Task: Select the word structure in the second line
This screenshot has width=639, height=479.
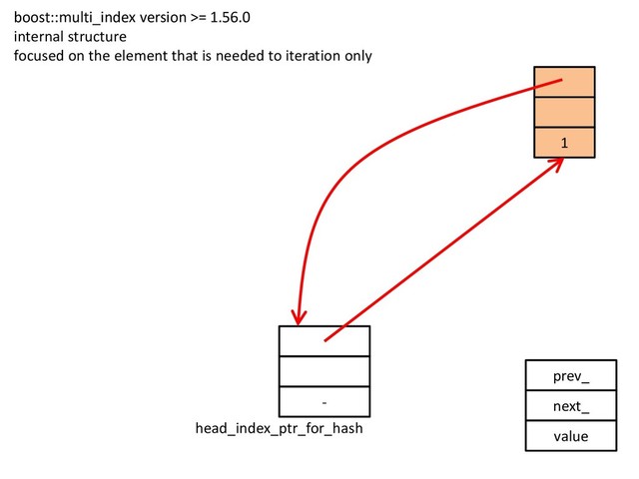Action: [x=98, y=36]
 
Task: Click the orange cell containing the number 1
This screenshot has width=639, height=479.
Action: [x=564, y=143]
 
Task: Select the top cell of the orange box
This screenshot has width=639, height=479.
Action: [x=564, y=82]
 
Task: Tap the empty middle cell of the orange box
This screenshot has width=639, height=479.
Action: [x=564, y=113]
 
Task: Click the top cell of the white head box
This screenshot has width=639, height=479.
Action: [x=324, y=340]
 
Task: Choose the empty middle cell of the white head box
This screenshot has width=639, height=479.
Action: [x=324, y=371]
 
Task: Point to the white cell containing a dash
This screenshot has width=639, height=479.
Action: [x=324, y=401]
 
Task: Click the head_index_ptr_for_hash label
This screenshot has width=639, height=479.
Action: [x=279, y=429]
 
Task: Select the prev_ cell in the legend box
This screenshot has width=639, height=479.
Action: [x=570, y=376]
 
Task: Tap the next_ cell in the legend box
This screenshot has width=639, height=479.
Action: [x=570, y=406]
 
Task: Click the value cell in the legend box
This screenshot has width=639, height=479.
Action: [x=570, y=436]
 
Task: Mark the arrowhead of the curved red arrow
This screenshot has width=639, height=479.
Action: [x=298, y=317]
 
